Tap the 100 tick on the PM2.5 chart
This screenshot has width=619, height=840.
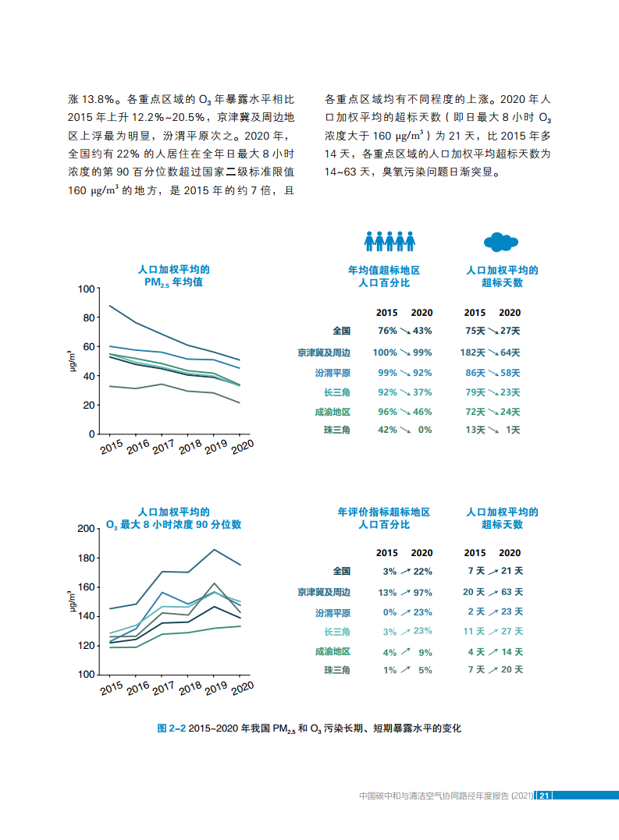click(85, 289)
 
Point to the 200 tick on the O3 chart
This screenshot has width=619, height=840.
click(85, 529)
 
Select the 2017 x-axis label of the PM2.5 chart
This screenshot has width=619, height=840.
click(163, 448)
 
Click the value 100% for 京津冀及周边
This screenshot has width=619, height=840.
click(385, 353)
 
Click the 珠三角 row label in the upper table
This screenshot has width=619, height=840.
click(337, 430)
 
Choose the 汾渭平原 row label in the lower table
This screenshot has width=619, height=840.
click(333, 612)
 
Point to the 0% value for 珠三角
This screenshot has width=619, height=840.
click(425, 430)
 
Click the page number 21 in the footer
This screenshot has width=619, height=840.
click(546, 796)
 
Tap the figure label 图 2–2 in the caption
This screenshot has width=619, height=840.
click(171, 728)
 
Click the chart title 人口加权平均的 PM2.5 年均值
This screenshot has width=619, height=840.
click(173, 276)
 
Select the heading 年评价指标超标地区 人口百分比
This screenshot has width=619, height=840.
click(384, 519)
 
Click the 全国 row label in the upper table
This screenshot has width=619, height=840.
click(342, 331)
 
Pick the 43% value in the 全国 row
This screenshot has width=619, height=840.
click(422, 331)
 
